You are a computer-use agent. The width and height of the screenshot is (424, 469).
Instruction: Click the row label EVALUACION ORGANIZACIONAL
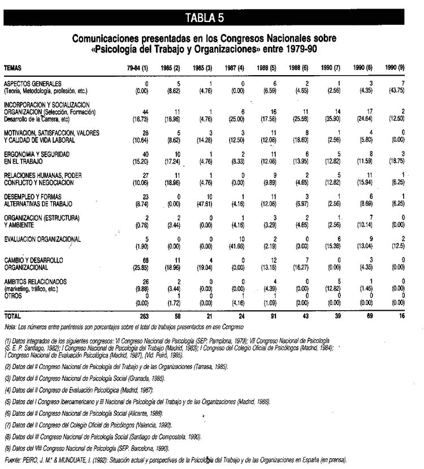tap(42, 239)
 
